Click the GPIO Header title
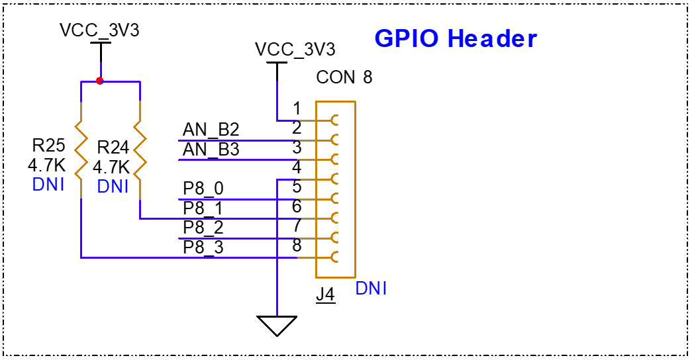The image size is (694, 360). (456, 38)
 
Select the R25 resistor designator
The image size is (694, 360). (48, 145)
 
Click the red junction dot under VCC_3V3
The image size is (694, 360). (100, 81)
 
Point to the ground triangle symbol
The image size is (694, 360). (277, 325)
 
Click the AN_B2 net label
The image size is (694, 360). (211, 130)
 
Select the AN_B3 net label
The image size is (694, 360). (211, 150)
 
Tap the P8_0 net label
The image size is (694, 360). (203, 189)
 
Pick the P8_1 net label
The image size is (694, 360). (203, 208)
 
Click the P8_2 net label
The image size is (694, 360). (203, 228)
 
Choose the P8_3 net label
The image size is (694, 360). (203, 247)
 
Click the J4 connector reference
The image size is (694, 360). (325, 294)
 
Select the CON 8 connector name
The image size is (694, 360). (344, 77)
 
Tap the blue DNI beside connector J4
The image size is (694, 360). (371, 289)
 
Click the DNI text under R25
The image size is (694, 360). (48, 185)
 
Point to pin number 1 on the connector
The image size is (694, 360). (297, 109)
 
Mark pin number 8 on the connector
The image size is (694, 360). (297, 246)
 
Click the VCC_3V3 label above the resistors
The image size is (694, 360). (99, 30)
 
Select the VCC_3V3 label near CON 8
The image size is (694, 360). (295, 50)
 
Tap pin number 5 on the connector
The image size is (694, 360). (297, 187)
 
